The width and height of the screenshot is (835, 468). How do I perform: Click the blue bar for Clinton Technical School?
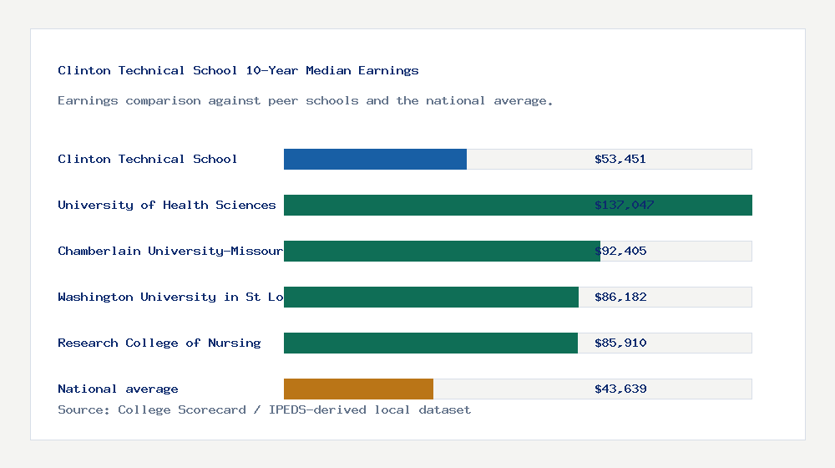[x=375, y=159]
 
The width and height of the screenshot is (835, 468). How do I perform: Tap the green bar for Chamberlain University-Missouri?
[x=441, y=251]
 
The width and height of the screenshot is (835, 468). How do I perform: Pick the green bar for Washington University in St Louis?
[x=431, y=297]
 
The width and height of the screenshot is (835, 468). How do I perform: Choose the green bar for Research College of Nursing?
[x=430, y=343]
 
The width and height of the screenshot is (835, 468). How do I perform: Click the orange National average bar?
[x=358, y=389]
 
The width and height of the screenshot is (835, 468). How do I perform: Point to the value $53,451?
[x=620, y=159]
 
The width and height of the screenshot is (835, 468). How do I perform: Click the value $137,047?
[x=624, y=205]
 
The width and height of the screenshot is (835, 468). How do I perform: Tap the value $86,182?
[x=620, y=297]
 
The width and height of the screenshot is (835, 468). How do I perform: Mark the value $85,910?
[x=620, y=343]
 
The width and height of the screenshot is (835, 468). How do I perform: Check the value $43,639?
[x=620, y=389]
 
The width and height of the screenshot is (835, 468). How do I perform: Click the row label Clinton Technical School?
[x=147, y=159]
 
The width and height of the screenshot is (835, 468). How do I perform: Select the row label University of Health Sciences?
[x=166, y=205]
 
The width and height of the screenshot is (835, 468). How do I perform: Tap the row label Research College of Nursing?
[x=159, y=343]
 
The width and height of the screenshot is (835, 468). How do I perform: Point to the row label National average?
[x=118, y=389]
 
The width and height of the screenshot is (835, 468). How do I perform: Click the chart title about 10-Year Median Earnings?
[x=238, y=70]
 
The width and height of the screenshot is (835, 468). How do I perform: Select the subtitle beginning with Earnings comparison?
[x=305, y=100]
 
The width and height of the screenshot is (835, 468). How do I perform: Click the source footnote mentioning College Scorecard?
[x=264, y=409]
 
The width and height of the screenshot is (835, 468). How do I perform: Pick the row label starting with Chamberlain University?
[x=170, y=251]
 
